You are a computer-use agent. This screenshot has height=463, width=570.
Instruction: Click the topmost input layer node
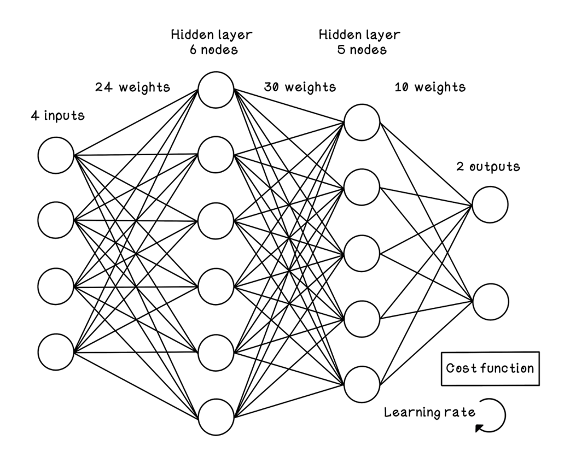point(56,155)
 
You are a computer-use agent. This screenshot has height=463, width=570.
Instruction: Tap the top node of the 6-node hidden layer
point(216,90)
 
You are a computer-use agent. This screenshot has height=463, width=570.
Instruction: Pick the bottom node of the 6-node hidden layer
point(216,418)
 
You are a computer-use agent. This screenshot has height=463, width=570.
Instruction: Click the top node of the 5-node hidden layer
point(362,122)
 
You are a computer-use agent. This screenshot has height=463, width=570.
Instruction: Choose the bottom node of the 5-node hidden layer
point(362,384)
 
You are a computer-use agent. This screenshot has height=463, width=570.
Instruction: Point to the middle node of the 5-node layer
point(362,254)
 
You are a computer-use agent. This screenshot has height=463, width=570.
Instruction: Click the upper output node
point(490,204)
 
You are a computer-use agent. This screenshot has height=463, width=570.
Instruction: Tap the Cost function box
point(490,368)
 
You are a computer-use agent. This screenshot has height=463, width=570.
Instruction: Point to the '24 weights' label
point(132,87)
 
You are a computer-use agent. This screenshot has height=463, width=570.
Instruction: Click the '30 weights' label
point(300,87)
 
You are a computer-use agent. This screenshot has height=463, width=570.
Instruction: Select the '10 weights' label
point(430,87)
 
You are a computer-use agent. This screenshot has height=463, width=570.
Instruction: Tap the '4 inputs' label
point(57,116)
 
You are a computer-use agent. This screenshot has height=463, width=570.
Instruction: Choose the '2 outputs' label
point(488,167)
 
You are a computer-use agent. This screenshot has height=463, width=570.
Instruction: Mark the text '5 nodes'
point(360,50)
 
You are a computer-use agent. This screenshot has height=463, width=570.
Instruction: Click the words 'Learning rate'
point(429,412)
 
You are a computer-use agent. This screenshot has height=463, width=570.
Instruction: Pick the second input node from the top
point(56,220)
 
